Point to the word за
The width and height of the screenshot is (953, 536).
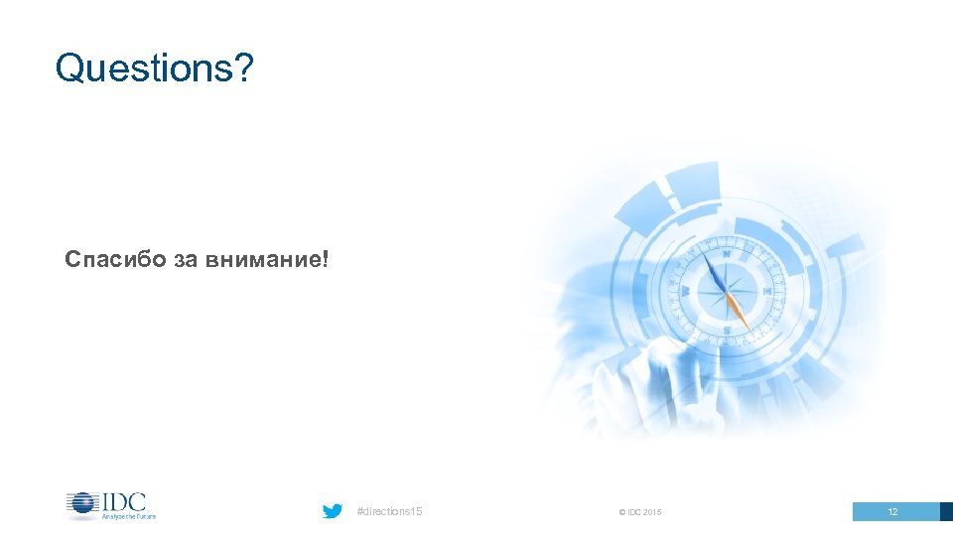187,261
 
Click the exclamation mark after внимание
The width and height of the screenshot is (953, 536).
325,260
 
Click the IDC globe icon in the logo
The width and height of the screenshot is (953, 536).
81,504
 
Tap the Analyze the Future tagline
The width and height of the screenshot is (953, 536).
128,516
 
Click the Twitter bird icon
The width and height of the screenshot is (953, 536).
333,511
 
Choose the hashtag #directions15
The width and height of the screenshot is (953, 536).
388,511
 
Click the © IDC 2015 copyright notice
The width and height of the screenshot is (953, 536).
640,512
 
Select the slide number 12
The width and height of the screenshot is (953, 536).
892,512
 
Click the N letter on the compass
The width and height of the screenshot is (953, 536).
726,254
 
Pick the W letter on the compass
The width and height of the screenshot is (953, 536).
686,291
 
